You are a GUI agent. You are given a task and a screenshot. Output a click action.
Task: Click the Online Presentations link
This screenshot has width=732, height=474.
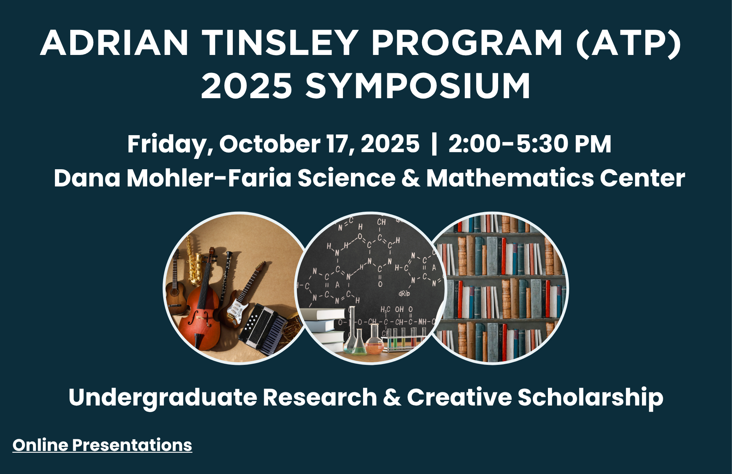[x=102, y=445]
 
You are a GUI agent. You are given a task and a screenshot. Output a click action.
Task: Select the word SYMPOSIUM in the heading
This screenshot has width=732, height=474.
[x=418, y=86]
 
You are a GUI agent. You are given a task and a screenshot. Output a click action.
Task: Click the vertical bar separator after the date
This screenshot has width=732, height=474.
[x=434, y=144]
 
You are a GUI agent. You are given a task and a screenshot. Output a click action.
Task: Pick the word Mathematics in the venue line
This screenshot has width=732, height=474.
[x=510, y=178]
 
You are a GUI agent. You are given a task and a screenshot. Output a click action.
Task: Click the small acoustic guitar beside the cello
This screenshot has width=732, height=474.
[x=176, y=289]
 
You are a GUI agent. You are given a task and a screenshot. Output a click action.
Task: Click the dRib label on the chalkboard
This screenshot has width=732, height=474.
[x=404, y=293]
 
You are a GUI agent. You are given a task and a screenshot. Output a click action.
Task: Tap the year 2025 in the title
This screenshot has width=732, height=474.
[x=246, y=86]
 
